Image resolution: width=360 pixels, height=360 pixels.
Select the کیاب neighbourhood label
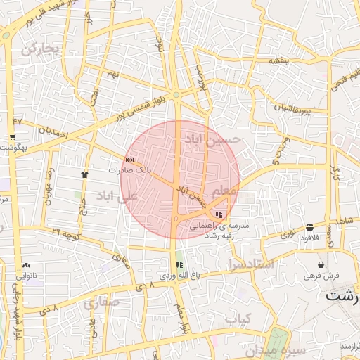tap(238, 319)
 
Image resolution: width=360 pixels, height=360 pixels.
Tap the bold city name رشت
tap(342, 295)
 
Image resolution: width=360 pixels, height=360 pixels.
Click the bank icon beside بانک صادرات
tap(129, 160)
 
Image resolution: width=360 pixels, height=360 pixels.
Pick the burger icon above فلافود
tap(310, 227)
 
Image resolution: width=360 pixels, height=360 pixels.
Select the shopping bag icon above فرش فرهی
tap(321, 265)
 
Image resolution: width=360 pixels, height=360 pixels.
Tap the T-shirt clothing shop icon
tap(85, 173)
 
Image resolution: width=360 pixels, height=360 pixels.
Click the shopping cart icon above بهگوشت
tap(12, 137)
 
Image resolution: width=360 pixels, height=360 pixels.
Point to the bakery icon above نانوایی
tap(26, 266)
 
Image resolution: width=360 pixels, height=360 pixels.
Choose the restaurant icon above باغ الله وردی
tap(179, 265)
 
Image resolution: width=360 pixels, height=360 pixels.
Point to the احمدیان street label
tap(53, 131)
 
